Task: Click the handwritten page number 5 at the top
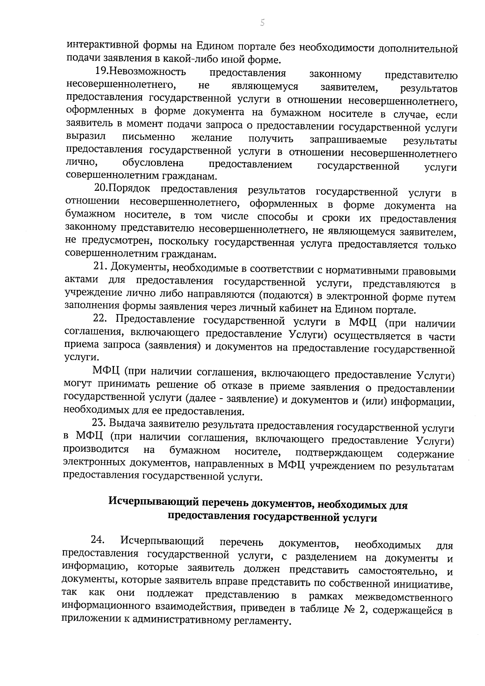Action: (x=262, y=23)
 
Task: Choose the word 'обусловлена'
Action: (x=153, y=164)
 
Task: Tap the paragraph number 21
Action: (x=100, y=267)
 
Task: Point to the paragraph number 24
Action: (x=98, y=539)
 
